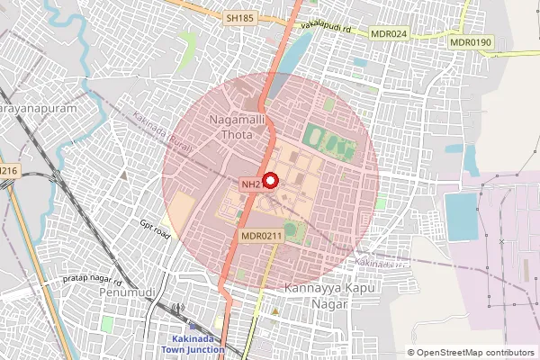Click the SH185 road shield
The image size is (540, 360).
point(240,17)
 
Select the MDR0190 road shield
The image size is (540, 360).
point(471,41)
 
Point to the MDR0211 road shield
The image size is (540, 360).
point(262,235)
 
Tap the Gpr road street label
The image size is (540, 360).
point(155,231)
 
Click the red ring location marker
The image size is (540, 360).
point(270,179)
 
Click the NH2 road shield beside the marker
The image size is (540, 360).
point(251,184)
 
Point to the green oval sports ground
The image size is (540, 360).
point(325,139)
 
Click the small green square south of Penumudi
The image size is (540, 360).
point(107,322)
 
